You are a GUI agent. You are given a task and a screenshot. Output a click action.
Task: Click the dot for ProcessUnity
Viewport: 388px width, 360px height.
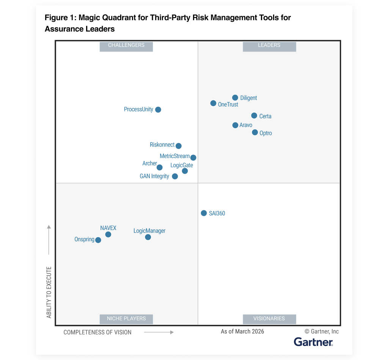click(158, 110)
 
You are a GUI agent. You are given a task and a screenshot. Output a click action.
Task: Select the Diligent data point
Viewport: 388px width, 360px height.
click(235, 98)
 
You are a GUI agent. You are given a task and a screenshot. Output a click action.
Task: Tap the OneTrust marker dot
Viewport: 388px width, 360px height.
click(213, 103)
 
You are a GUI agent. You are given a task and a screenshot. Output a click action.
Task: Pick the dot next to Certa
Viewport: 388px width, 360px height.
click(254, 116)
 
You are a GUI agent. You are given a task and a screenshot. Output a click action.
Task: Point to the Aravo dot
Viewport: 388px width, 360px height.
click(235, 125)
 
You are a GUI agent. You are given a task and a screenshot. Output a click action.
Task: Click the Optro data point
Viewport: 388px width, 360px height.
click(255, 132)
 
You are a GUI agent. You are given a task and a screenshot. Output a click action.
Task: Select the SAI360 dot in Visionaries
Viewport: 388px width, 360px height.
click(204, 213)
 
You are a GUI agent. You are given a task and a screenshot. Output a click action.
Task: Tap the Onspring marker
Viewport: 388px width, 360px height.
click(98, 240)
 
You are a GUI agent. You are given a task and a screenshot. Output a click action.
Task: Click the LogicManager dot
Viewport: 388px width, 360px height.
click(148, 237)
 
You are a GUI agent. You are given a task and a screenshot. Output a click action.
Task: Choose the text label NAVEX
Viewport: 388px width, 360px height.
click(108, 228)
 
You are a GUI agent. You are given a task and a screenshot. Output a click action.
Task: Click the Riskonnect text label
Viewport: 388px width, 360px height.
click(162, 145)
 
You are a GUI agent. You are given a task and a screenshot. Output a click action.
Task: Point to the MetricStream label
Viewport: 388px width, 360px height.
click(174, 156)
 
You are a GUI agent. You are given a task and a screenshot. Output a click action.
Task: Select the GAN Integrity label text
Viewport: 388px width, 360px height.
click(154, 176)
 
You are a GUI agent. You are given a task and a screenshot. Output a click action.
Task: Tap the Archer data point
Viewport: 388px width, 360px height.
click(160, 167)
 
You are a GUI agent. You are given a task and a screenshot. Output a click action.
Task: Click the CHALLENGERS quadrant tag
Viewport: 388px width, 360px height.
click(126, 45)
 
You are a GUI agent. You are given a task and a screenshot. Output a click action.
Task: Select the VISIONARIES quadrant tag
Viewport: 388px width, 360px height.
click(269, 319)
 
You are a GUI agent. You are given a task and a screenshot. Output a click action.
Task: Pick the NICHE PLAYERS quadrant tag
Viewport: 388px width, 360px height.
click(126, 319)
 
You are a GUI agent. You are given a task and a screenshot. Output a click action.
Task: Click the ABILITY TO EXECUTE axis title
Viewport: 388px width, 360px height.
click(49, 292)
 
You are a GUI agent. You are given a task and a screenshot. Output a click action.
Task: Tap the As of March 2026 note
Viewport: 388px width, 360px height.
click(242, 332)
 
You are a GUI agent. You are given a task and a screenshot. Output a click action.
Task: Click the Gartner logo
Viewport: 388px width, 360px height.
click(313, 342)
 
